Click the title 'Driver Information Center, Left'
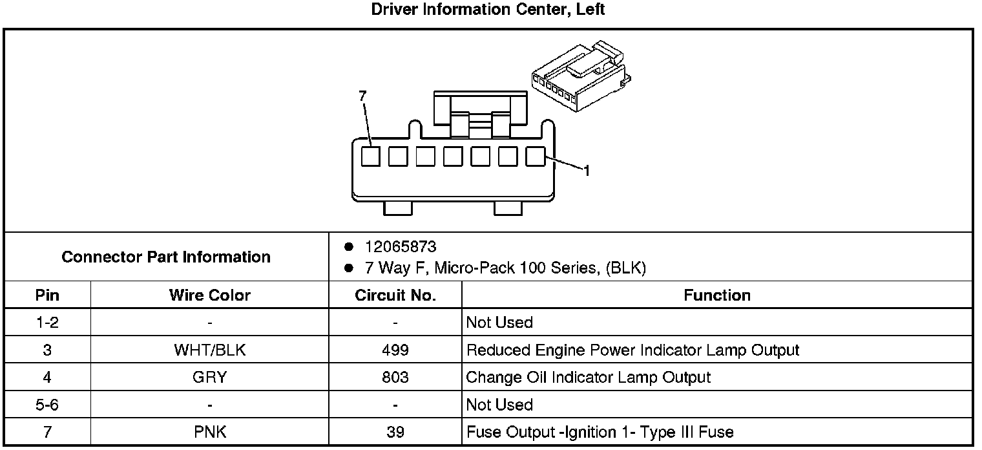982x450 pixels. point(488,10)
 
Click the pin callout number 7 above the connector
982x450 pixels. point(362,96)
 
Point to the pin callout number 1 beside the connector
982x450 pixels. point(586,171)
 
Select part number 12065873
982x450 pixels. point(401,247)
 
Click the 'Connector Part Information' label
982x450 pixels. point(166,257)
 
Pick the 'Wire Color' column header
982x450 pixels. point(210,295)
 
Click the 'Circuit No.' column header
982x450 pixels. point(395,295)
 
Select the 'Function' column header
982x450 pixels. point(717,295)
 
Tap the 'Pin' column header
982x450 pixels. point(47,295)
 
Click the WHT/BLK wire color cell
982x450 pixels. point(210,350)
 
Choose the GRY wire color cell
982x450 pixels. point(210,377)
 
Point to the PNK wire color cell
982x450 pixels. point(210,431)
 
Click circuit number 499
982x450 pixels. point(395,350)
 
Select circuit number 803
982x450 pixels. point(395,377)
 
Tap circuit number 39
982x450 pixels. point(395,431)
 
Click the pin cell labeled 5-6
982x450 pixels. point(47,404)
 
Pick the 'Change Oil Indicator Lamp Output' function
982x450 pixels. point(588,377)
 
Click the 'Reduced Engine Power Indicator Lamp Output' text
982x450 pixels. point(632,350)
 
